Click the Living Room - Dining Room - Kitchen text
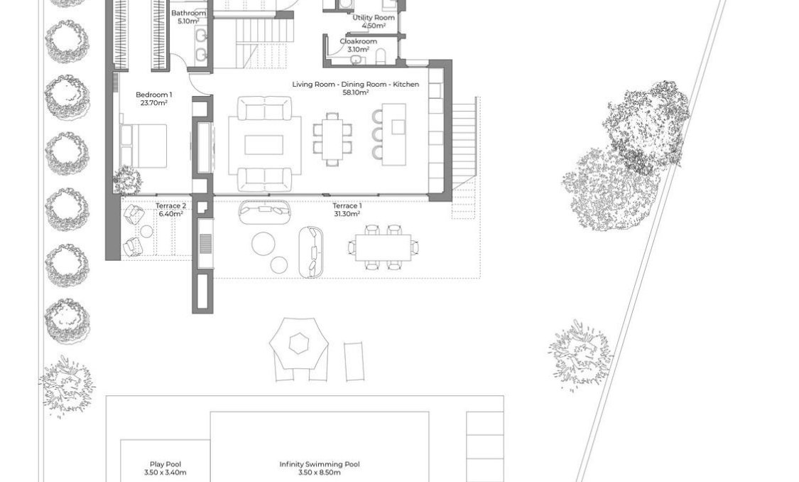355,85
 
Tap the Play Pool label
165,465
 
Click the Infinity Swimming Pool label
319,465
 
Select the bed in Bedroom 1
143,146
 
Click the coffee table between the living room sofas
263,145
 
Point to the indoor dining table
332,139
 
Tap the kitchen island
393,134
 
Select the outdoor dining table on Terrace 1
383,247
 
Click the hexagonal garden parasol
299,345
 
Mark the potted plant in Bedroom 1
128,181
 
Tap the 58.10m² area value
355,92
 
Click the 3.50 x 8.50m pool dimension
319,473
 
